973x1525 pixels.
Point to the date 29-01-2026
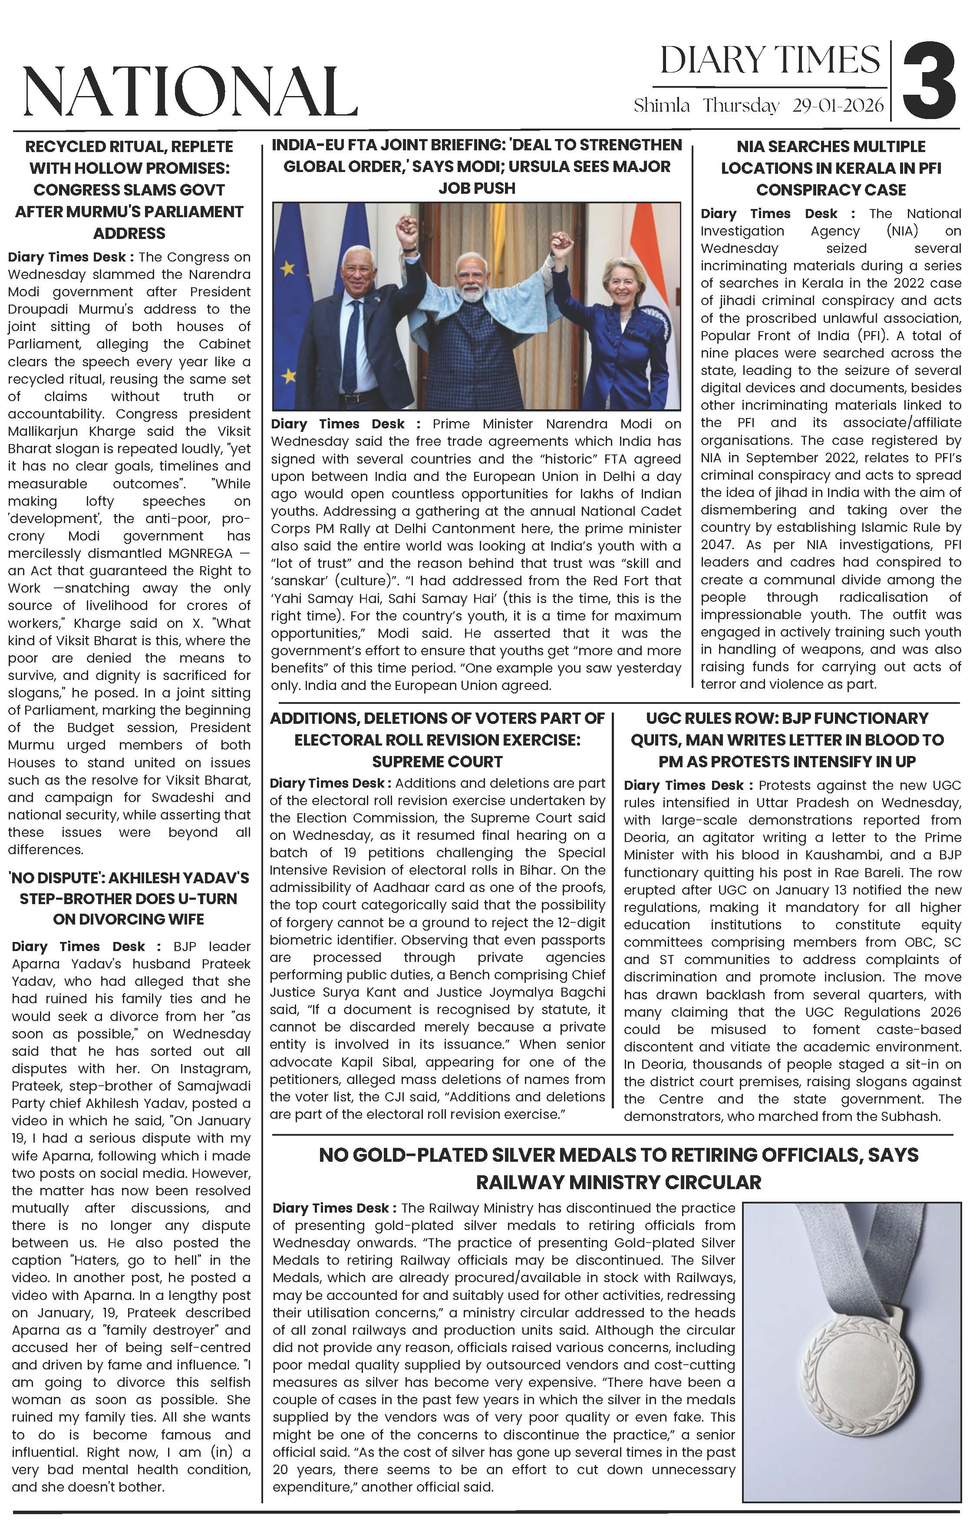tap(838, 105)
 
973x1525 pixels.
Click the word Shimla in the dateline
tap(662, 105)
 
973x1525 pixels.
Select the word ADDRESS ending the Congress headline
tap(129, 233)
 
